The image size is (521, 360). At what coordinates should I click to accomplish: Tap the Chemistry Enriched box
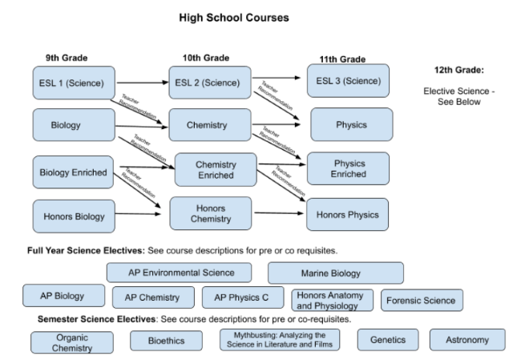tap(215, 169)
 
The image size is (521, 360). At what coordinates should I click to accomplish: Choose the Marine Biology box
tap(335, 272)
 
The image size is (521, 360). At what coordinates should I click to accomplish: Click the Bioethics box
tap(166, 341)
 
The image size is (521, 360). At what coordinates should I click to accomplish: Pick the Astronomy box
tap(467, 340)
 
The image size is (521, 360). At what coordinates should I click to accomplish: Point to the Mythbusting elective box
tap(280, 340)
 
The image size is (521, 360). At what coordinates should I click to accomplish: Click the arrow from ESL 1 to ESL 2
tap(143, 82)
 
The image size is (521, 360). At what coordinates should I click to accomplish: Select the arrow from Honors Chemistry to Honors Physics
tap(279, 213)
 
